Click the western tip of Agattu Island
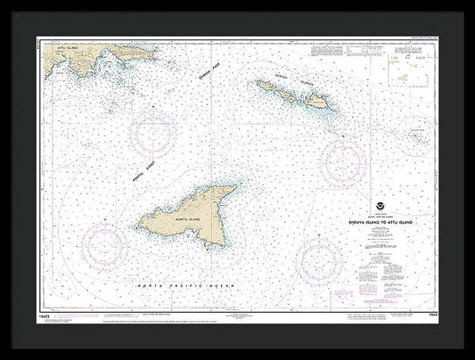[149, 215]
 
